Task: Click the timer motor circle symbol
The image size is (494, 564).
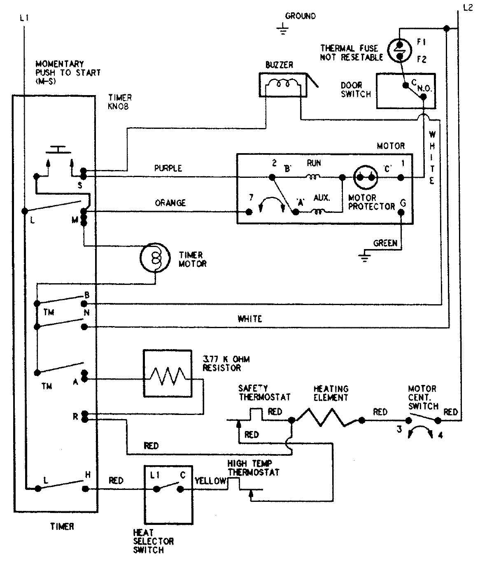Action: pyautogui.click(x=155, y=258)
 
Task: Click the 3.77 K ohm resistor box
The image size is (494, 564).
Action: pyautogui.click(x=167, y=374)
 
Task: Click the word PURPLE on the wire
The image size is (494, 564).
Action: pyautogui.click(x=168, y=168)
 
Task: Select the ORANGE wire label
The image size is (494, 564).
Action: pyautogui.click(x=170, y=203)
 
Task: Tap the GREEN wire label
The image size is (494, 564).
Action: pyautogui.click(x=385, y=243)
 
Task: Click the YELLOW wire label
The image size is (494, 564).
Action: pyautogui.click(x=210, y=481)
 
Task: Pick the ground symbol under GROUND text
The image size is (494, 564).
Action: pyautogui.click(x=282, y=29)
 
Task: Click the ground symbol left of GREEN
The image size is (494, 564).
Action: pyautogui.click(x=364, y=257)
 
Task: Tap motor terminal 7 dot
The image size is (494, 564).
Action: pyautogui.click(x=249, y=212)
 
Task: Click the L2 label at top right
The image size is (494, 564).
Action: pyautogui.click(x=468, y=8)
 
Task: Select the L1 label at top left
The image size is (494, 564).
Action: pyautogui.click(x=24, y=18)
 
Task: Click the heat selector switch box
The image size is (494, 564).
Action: pyautogui.click(x=168, y=494)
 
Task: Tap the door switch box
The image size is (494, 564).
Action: pyautogui.click(x=405, y=91)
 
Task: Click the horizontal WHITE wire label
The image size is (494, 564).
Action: pyautogui.click(x=249, y=319)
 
